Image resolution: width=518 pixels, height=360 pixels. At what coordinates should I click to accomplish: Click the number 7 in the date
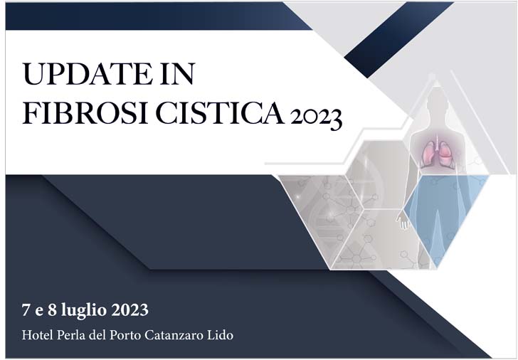pos(26,311)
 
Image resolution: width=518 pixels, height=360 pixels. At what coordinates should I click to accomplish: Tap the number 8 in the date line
pos(55,311)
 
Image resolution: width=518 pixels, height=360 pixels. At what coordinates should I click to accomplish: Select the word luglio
pos(87,311)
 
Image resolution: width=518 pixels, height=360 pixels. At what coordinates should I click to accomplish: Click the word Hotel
pos(37,334)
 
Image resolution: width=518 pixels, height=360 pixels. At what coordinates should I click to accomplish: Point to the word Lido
pos(222,334)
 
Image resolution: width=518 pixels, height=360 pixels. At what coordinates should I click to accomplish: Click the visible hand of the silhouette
pos(403,221)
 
